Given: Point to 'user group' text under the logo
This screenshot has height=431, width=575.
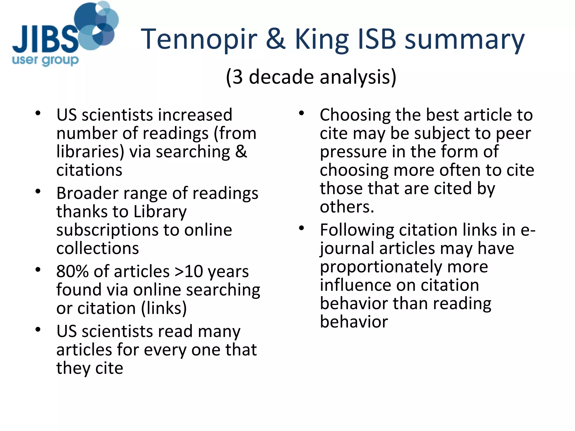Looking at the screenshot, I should click(x=45, y=60).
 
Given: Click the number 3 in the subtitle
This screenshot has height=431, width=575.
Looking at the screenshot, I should click(x=238, y=77).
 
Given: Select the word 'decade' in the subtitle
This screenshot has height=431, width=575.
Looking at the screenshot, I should click(x=281, y=77).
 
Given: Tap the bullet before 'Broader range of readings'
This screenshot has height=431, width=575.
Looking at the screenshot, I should click(x=38, y=192).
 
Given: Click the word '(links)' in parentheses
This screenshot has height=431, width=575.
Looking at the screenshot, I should click(x=164, y=308).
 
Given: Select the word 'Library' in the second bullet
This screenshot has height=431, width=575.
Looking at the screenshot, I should click(x=160, y=212).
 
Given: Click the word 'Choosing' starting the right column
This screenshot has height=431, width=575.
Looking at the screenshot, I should click(x=355, y=115).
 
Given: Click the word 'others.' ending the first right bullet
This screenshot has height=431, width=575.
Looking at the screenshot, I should click(x=347, y=207).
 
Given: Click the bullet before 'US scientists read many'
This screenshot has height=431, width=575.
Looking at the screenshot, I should click(x=38, y=329).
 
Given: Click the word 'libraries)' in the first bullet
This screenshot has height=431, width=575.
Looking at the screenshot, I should click(x=90, y=152).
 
